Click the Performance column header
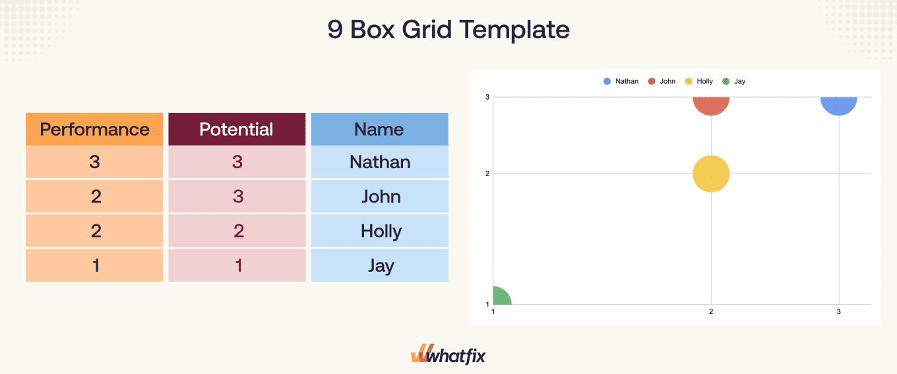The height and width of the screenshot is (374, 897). (x=94, y=129)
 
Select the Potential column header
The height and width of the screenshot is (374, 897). (x=237, y=129)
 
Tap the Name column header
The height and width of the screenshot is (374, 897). (x=379, y=129)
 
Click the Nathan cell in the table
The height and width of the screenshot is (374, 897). (x=380, y=162)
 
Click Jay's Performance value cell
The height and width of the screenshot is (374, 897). (x=95, y=265)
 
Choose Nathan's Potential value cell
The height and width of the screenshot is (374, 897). (x=237, y=162)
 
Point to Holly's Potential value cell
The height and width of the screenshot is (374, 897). (x=237, y=231)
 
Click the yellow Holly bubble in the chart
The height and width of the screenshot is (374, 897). (x=711, y=174)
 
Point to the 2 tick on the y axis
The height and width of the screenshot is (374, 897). (x=487, y=174)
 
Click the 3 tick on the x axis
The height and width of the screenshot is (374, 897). (x=838, y=311)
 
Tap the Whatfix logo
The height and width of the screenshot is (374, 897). (x=448, y=356)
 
